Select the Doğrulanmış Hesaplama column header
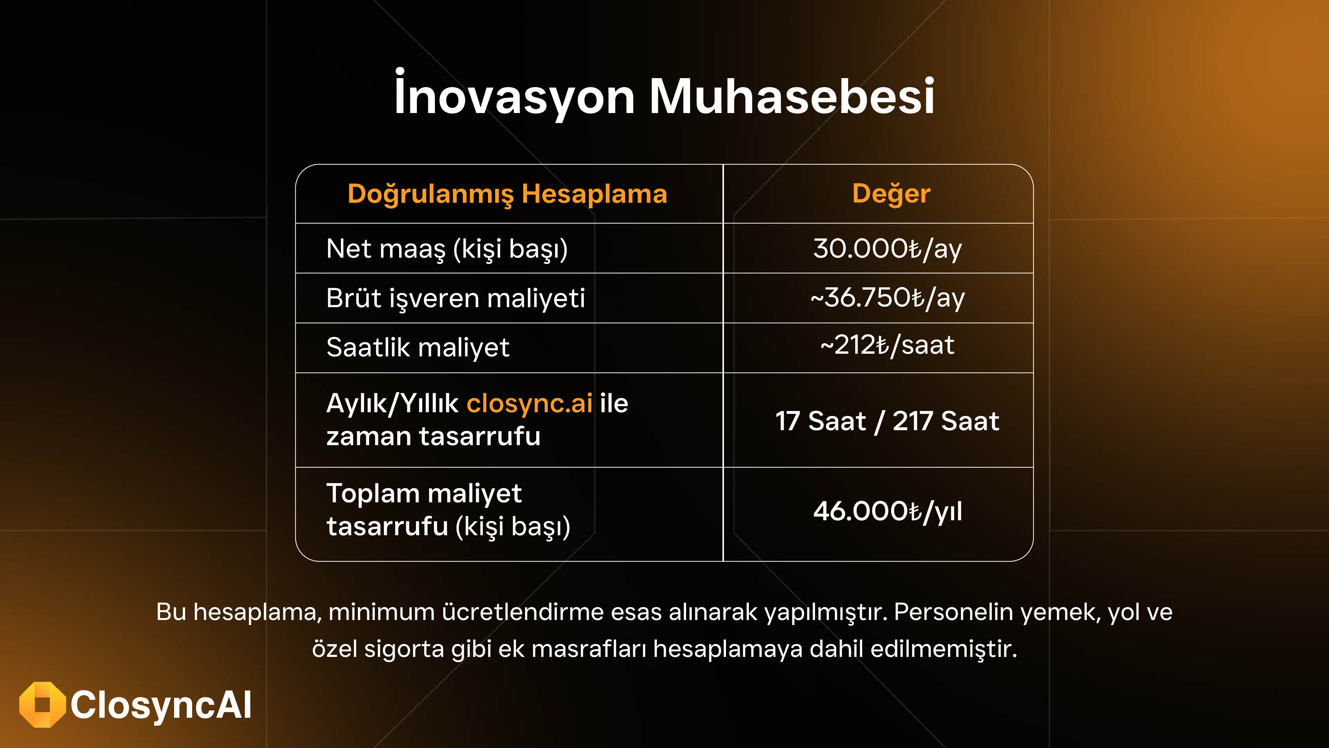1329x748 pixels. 507,194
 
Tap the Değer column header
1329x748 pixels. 891,194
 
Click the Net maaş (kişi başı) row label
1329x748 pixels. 447,249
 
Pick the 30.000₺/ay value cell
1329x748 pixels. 887,248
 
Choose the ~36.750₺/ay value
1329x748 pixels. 887,298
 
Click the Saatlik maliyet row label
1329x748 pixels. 418,347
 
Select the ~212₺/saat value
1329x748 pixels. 887,345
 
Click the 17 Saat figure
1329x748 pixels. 820,421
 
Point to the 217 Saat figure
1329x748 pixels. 946,421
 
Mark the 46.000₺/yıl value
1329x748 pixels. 887,511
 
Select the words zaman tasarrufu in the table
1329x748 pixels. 433,436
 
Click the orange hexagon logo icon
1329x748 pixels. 42,705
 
